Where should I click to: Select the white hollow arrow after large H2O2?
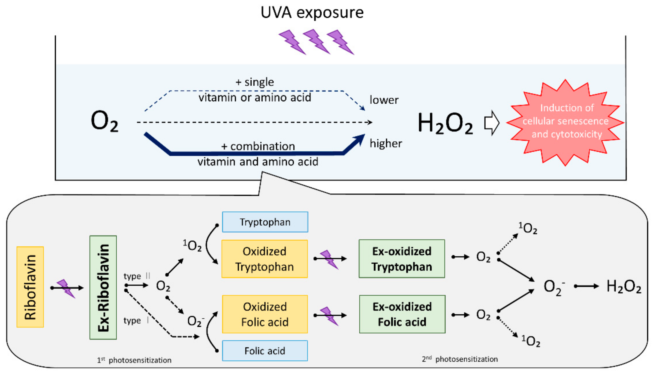coord(491,123)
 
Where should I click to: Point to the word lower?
coord(384,100)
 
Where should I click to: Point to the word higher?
coord(386,143)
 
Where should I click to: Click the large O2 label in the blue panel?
coord(104,121)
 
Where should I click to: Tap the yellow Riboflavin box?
coord(30,287)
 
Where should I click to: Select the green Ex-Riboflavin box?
coord(103,287)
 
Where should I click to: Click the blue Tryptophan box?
coord(265,222)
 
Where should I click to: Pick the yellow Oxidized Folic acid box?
coord(265,314)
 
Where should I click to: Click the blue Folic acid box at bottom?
coord(265,351)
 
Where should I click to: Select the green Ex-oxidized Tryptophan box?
coord(402,259)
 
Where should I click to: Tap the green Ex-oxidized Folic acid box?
coord(402,314)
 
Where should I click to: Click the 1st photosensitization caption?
coord(134,360)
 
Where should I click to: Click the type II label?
coord(136,276)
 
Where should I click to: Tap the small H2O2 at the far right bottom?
coord(624,286)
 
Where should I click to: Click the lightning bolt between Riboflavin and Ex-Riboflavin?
coord(66,288)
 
